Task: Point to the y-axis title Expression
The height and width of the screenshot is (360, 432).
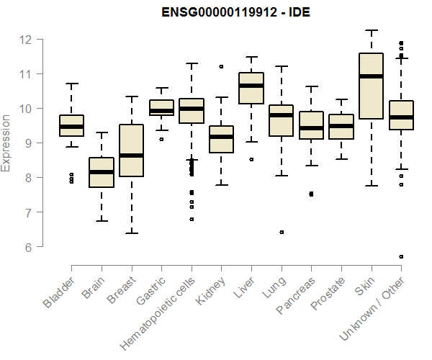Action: pos(6,143)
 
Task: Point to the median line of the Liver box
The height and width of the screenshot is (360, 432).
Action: pos(251,86)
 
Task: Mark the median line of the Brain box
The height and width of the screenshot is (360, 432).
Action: pos(102,172)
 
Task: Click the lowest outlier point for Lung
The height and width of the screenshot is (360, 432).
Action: pos(282,232)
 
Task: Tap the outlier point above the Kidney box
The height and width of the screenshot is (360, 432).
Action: pos(221,66)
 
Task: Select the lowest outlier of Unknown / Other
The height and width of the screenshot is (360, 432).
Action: pos(401,256)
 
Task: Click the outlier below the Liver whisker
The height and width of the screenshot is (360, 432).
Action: pos(251,159)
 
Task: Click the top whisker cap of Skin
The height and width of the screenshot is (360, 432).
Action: pos(371,30)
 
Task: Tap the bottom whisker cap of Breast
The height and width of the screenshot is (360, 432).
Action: pos(131,233)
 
